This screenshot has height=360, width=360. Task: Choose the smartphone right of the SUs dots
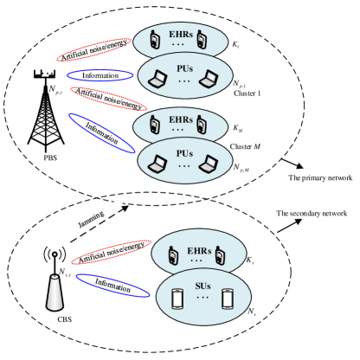click(228, 298)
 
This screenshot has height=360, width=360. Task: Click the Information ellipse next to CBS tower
click(114, 285)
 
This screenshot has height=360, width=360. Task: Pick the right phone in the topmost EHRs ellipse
click(202, 40)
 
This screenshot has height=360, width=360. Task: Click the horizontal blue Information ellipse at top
click(100, 75)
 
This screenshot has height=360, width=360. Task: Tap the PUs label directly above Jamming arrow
click(183, 152)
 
